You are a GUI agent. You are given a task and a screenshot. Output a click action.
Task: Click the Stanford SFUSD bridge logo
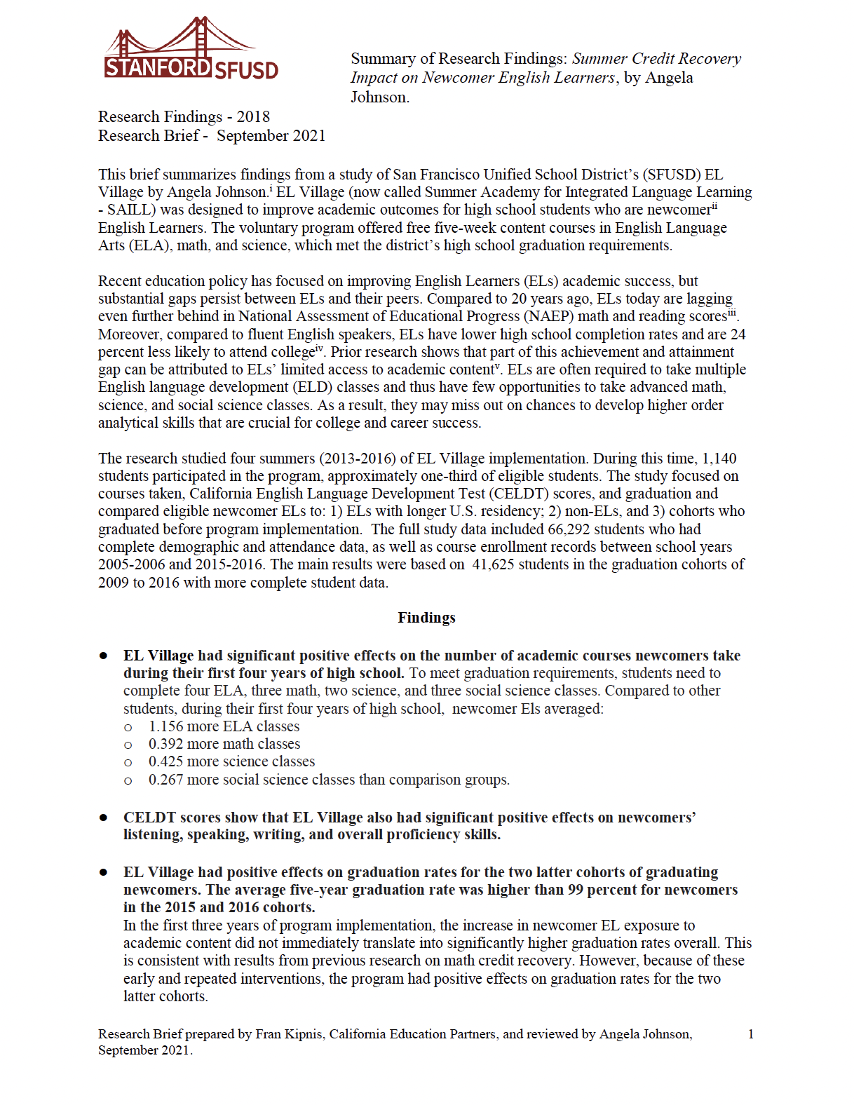191,49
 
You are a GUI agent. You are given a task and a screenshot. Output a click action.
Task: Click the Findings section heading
426,618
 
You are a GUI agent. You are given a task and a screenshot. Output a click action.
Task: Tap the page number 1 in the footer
751,1033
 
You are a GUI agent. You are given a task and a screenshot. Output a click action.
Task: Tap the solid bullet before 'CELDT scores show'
104,818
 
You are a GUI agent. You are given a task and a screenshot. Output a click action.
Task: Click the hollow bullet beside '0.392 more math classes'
128,745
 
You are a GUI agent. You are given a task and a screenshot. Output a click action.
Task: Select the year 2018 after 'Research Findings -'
253,117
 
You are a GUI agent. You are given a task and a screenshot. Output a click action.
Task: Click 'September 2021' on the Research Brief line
271,136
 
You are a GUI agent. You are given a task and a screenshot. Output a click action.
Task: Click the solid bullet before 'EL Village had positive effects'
104,872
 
